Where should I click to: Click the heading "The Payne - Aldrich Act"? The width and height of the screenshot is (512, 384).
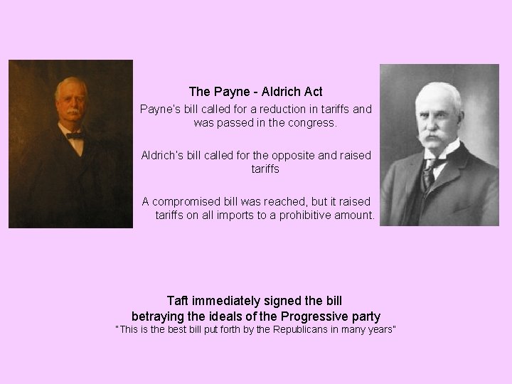tap(255, 92)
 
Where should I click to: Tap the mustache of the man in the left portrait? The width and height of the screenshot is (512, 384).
tap(71, 113)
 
